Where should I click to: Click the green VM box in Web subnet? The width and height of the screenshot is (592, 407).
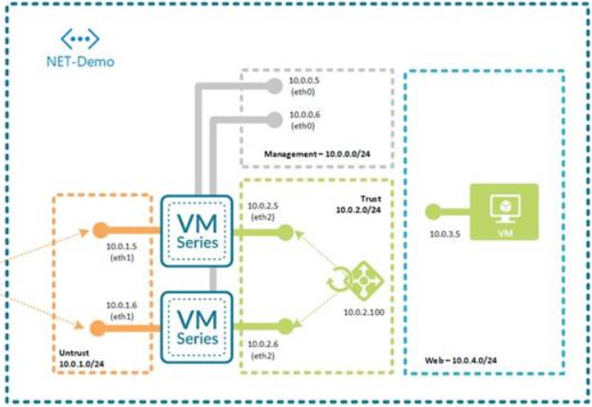503,212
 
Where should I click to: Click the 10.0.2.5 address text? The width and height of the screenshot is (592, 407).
265,206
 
